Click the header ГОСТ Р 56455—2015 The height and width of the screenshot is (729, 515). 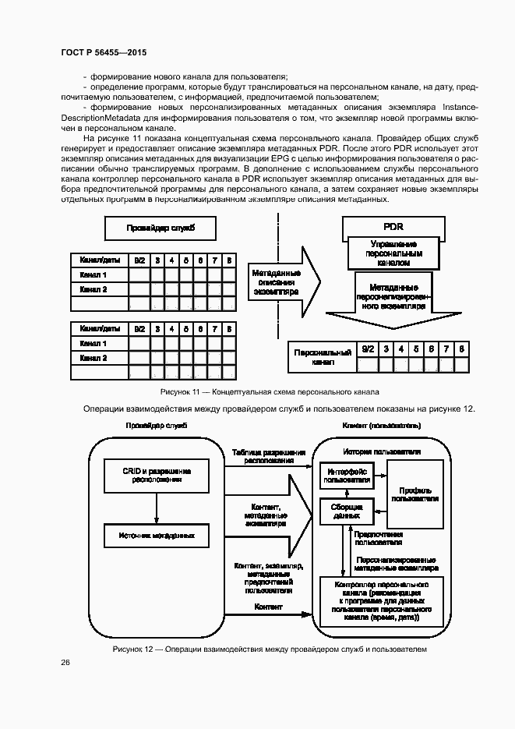click(x=104, y=52)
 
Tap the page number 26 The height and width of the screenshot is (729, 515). click(x=65, y=662)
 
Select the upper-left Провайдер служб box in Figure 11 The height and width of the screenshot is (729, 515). click(x=160, y=228)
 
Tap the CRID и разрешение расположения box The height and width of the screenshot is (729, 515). click(x=157, y=476)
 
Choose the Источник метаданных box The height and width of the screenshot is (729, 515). click(x=157, y=536)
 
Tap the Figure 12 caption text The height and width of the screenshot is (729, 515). click(x=270, y=649)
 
